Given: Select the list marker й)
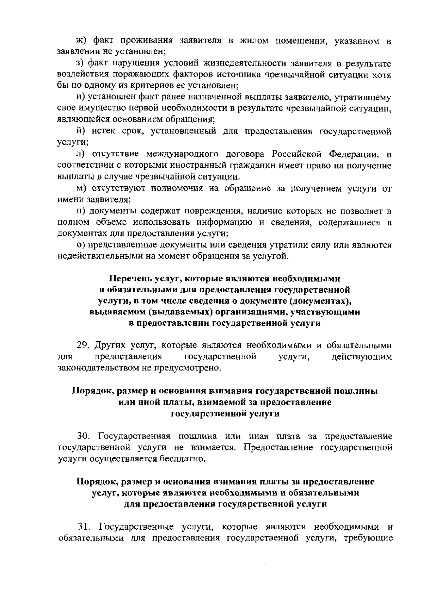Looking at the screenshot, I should [81, 131].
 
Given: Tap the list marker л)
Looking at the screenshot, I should [81, 154].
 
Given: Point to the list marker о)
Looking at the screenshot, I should [81, 245].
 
